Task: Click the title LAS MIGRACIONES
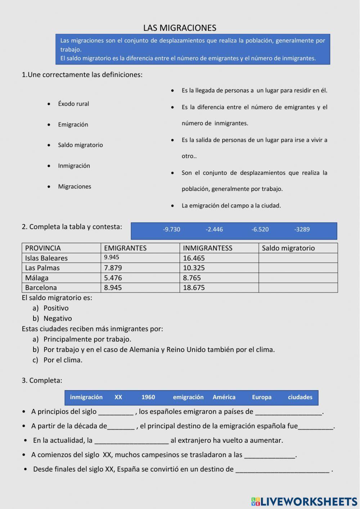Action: [x=180, y=28]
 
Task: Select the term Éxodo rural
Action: [x=73, y=104]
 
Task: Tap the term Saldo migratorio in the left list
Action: [x=80, y=145]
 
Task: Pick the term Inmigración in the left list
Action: [x=74, y=166]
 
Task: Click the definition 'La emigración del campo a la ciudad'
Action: [x=231, y=206]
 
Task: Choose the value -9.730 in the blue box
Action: [x=171, y=229]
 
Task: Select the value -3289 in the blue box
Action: [x=302, y=229]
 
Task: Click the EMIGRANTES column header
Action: [x=125, y=248]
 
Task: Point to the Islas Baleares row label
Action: [x=46, y=258]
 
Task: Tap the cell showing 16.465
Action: [x=194, y=258]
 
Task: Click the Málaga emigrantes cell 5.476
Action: [x=113, y=278]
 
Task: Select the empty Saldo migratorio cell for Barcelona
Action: [x=298, y=287]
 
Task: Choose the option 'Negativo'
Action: [x=58, y=318]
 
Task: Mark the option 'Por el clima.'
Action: [x=63, y=360]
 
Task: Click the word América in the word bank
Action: [x=224, y=397]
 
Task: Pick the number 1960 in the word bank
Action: [x=148, y=397]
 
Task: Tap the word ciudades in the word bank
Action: [x=300, y=397]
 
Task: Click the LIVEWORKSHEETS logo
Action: [x=304, y=501]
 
